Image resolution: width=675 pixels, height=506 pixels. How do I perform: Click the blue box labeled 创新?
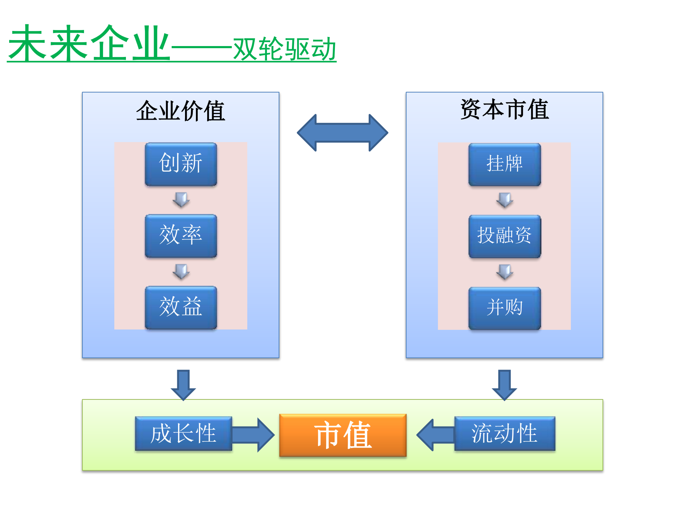pos(181,164)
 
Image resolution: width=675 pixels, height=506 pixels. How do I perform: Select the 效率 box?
pos(181,236)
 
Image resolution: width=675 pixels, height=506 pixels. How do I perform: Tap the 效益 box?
pos(181,307)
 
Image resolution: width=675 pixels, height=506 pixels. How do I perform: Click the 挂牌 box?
pos(504,164)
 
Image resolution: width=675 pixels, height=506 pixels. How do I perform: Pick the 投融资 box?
pos(504,236)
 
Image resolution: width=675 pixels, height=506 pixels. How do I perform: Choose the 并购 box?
pos(504,308)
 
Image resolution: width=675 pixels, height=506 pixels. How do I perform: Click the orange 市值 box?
pos(343,435)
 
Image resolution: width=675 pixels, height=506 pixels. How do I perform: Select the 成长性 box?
pos(183,433)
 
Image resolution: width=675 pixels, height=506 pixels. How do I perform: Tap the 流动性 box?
pos(504,433)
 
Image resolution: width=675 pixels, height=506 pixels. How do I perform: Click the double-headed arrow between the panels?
pos(342,133)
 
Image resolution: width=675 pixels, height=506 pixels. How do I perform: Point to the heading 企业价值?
pos(180,111)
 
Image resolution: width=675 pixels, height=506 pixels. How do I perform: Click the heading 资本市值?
pos(504,109)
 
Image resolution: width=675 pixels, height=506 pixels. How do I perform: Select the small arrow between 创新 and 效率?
pos(181,200)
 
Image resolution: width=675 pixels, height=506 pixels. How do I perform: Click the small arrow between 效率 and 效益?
pos(181,271)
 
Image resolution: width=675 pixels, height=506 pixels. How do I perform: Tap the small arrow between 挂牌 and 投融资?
pos(505,200)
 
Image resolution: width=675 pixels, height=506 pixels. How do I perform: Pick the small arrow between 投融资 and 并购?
pos(505,272)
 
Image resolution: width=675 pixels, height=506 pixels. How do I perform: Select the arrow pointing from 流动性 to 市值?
pos(435,435)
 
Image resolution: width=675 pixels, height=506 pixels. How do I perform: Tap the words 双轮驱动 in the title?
pos(284,50)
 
